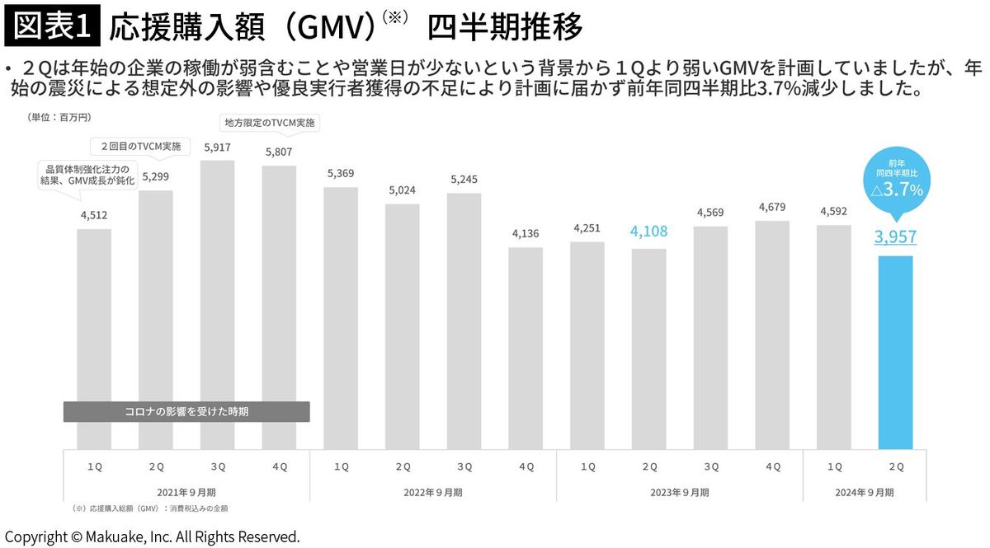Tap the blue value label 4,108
pos(648,232)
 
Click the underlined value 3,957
pos(895,237)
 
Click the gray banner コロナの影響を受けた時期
pos(186,411)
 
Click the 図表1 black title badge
pos(53,27)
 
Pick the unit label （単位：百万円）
pos(59,118)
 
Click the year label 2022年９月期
pos(433,492)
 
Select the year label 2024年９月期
pos(864,492)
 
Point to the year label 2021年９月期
pos(186,492)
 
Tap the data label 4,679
pos(772,206)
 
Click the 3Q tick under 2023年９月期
pos(710,466)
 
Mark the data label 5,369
pos(341,173)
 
